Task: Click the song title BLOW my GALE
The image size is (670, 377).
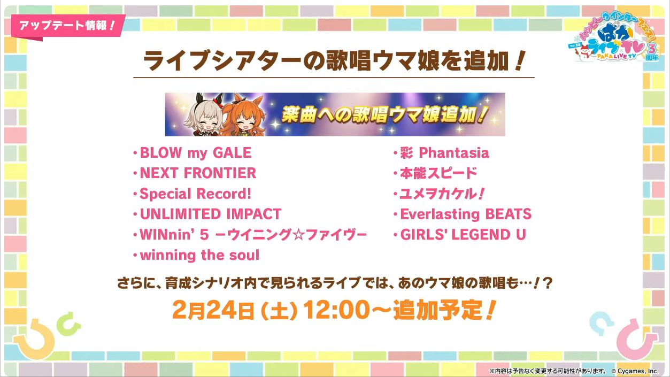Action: (x=196, y=153)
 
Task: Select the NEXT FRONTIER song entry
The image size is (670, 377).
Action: (x=198, y=173)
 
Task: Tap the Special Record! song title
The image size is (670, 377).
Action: (x=195, y=194)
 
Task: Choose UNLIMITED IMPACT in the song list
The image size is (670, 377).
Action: (x=211, y=214)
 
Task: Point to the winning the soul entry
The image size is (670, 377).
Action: (x=199, y=255)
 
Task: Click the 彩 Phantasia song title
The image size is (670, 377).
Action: (x=444, y=153)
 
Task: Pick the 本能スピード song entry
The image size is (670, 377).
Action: (x=438, y=173)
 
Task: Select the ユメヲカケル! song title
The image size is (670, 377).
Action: (x=442, y=194)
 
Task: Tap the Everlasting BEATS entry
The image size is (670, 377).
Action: (x=466, y=214)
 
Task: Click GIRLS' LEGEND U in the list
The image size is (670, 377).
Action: (x=463, y=234)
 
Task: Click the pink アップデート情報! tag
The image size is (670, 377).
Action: (x=67, y=26)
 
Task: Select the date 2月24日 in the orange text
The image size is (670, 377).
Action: (x=213, y=310)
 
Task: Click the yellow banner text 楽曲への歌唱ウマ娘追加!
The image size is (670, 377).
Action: (x=385, y=114)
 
